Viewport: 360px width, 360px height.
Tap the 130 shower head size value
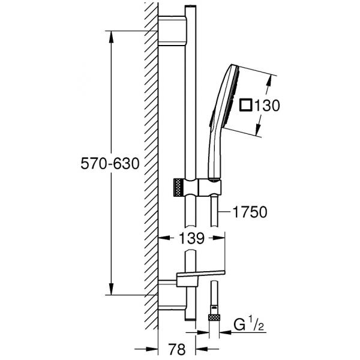(265, 106)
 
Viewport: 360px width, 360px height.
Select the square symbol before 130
(245, 106)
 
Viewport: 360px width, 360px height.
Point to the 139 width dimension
(191, 238)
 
